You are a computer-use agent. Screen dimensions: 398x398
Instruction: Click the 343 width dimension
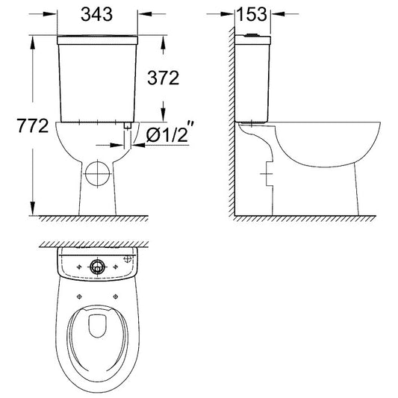[97, 14]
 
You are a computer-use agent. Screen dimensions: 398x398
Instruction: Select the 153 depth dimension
[252, 14]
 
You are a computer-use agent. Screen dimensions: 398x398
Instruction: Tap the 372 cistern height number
[164, 78]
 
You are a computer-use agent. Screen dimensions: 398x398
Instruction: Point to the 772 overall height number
[33, 125]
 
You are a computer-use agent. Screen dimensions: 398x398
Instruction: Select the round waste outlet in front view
[98, 174]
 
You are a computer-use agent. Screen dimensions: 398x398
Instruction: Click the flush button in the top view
[97, 267]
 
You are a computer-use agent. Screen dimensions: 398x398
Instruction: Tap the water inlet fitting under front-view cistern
[127, 125]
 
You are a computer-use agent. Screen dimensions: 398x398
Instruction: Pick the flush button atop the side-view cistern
[251, 35]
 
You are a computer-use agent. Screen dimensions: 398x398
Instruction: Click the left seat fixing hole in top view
[79, 296]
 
